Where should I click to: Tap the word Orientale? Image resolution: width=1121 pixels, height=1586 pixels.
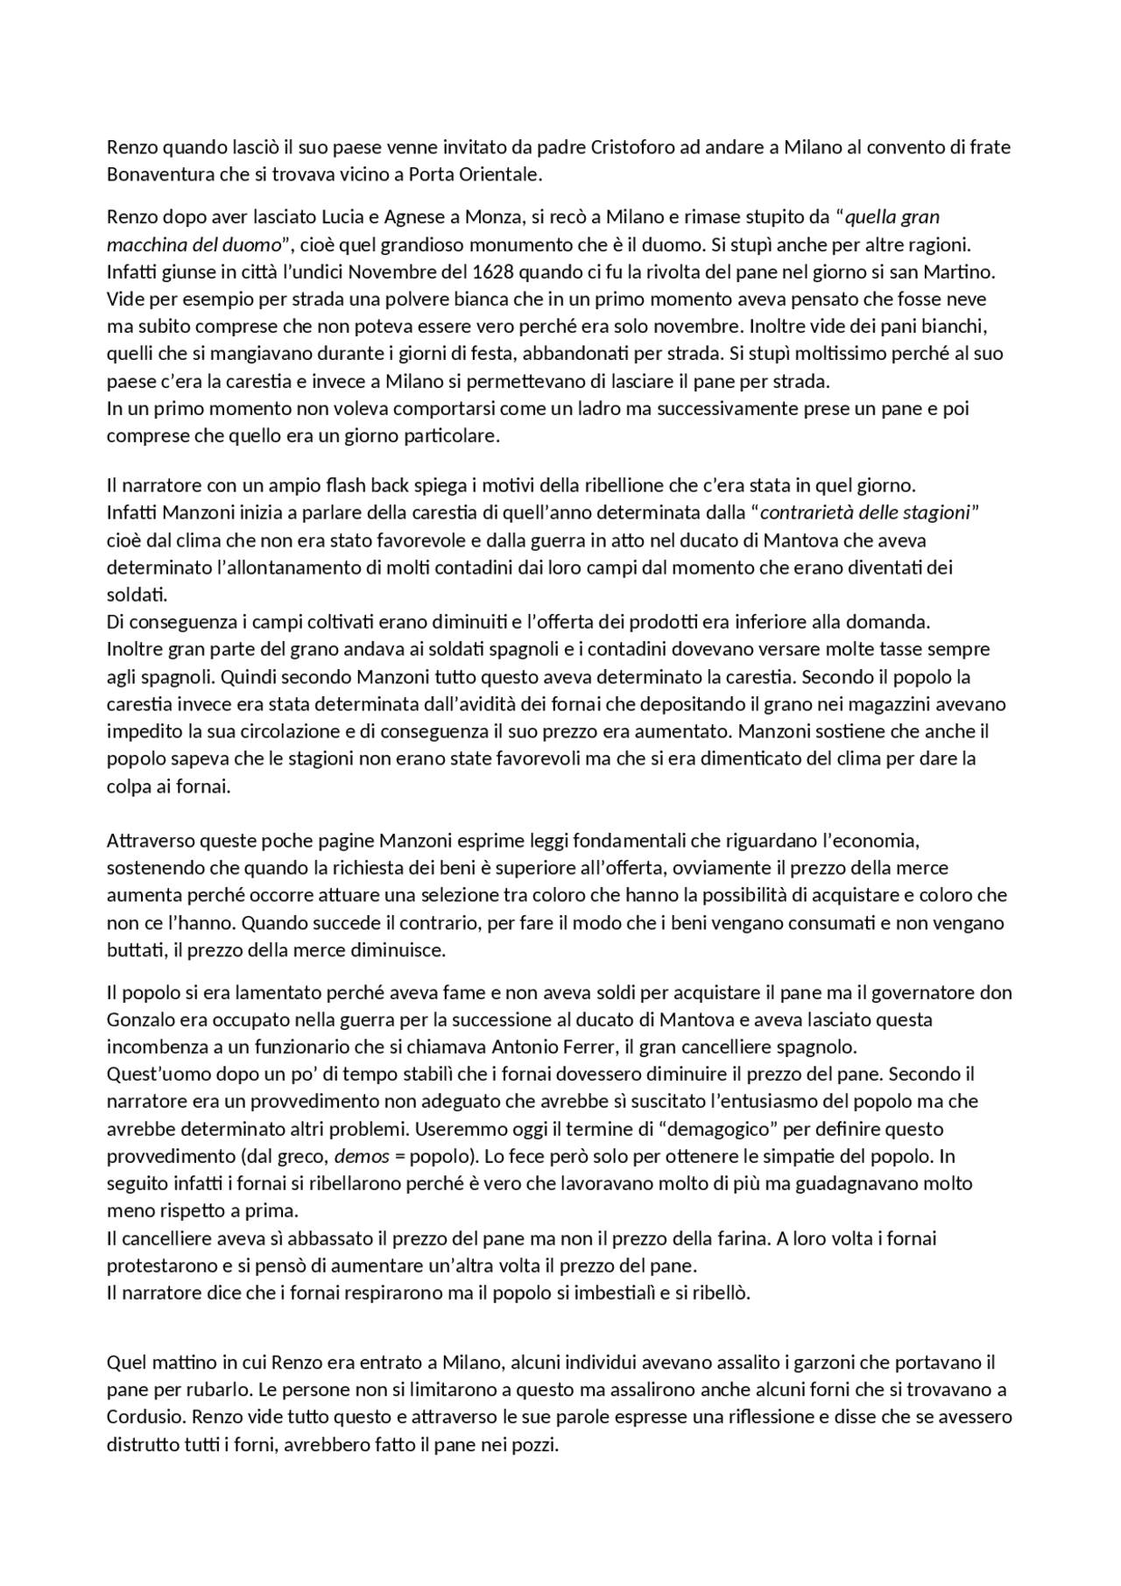[x=502, y=174]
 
